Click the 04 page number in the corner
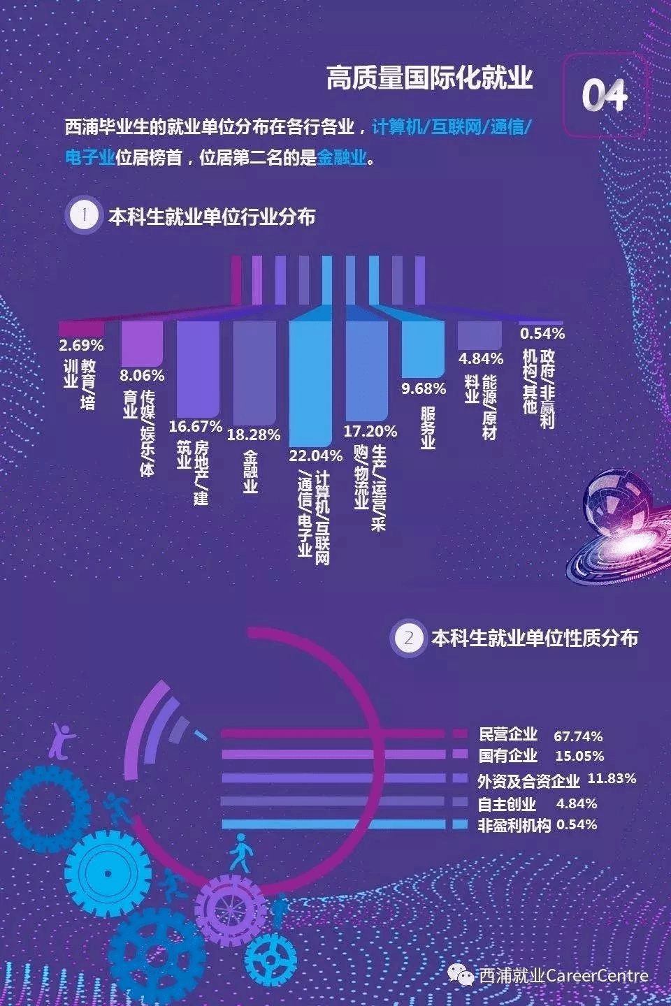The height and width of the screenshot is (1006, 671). (605, 95)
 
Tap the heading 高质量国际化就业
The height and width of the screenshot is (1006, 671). (429, 78)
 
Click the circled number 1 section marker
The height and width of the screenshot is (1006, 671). (84, 215)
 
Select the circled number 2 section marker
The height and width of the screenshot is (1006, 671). (409, 638)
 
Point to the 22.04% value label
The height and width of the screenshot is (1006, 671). (316, 455)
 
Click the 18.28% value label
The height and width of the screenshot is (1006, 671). (254, 435)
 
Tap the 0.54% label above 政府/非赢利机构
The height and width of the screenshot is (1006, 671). (542, 333)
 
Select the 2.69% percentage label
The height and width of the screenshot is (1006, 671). (81, 345)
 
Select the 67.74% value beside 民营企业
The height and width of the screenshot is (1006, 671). (578, 736)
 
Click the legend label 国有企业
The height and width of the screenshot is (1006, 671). (508, 755)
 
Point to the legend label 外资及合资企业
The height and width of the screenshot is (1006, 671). (528, 780)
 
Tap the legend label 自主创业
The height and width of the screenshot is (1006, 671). (507, 803)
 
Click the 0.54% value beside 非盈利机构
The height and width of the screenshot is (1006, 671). (577, 824)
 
